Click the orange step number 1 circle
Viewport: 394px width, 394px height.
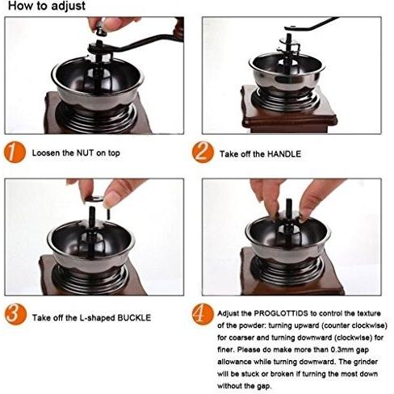15,153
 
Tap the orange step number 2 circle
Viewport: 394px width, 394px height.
203,153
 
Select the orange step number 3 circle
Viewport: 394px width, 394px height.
15,315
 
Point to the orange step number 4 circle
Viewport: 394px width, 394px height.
203,314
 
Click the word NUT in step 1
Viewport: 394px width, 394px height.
85,153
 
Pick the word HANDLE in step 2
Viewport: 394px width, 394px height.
284,154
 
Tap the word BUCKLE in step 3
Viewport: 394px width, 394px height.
134,317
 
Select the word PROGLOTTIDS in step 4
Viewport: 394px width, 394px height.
281,313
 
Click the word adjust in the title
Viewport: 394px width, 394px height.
68,6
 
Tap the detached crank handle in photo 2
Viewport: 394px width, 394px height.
312,23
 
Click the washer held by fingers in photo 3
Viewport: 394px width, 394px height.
94,199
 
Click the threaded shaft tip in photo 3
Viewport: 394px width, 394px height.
92,210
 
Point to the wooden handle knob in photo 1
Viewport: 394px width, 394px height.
179,28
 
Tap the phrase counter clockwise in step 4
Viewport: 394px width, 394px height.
354,325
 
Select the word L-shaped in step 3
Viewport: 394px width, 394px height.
97,317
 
